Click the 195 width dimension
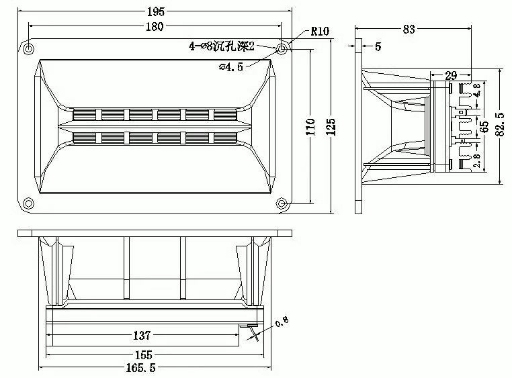point(156,11)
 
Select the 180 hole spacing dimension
point(155,26)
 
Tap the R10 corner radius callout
point(320,32)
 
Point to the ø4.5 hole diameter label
point(231,67)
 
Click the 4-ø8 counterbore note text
point(222,46)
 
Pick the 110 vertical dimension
point(311,127)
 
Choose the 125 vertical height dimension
point(331,127)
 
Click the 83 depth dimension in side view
point(409,30)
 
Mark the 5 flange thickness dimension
point(378,46)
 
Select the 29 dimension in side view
point(451,76)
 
